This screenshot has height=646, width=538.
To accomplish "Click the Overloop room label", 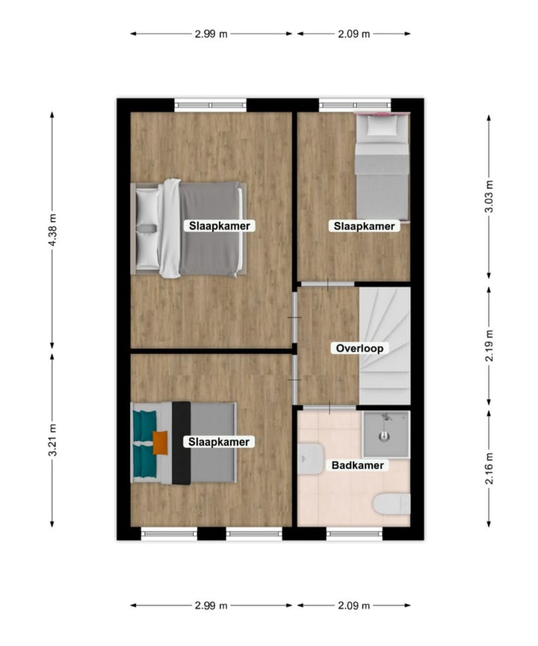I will point(359,348).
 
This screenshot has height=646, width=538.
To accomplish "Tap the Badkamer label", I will point(358,465).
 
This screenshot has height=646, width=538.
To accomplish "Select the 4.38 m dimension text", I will point(52,230).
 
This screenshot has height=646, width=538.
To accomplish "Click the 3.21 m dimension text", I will point(52,441).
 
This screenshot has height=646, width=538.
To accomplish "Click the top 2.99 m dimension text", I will point(211,34).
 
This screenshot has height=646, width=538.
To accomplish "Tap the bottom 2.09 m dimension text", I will point(353,606).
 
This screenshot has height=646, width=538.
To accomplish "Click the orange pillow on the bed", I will point(160,442).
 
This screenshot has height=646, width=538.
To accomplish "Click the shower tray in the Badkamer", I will point(386,435).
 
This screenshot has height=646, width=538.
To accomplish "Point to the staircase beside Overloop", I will point(385,345).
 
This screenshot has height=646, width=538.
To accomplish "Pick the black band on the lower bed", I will point(181,443).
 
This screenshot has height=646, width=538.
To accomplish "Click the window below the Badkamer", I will point(354,534).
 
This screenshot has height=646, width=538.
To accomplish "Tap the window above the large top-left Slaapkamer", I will point(210,105).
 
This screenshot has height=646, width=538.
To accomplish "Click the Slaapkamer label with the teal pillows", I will point(219,442).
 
